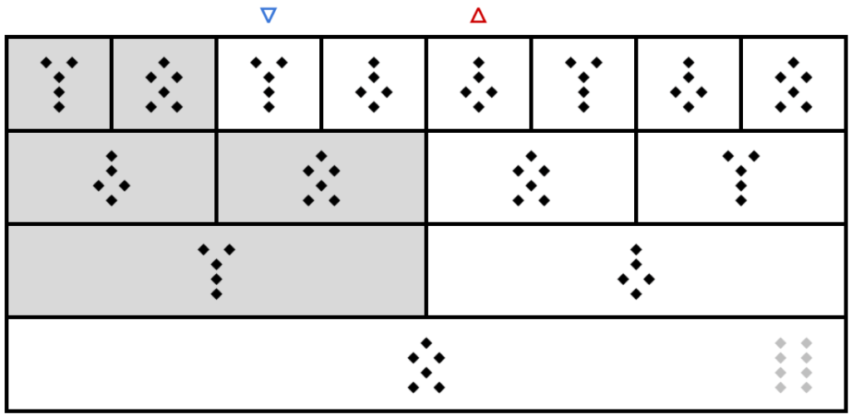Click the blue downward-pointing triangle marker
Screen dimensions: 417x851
tap(268, 15)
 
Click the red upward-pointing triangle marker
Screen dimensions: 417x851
tap(478, 16)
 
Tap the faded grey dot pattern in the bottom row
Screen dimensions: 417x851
tap(793, 365)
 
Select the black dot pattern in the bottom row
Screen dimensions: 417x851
tap(426, 365)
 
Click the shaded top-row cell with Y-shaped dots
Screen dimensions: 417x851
tap(59, 84)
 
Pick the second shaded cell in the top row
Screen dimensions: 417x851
tap(164, 84)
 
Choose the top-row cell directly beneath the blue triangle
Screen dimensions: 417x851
tap(268, 84)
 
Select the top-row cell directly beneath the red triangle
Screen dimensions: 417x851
tap(479, 84)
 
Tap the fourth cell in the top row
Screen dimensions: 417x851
tap(374, 84)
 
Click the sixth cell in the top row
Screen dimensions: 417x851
tap(583, 84)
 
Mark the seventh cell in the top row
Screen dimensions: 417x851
tap(688, 84)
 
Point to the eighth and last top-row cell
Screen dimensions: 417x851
tap(794, 84)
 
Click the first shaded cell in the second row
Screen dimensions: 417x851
tap(111, 177)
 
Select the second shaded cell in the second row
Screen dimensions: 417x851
tap(321, 177)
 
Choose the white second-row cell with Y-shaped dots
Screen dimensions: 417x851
tap(740, 177)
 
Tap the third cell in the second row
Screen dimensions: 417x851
tap(531, 177)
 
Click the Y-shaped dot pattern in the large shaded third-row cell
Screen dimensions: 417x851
tap(216, 271)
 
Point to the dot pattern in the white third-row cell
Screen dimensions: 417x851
tap(636, 271)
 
